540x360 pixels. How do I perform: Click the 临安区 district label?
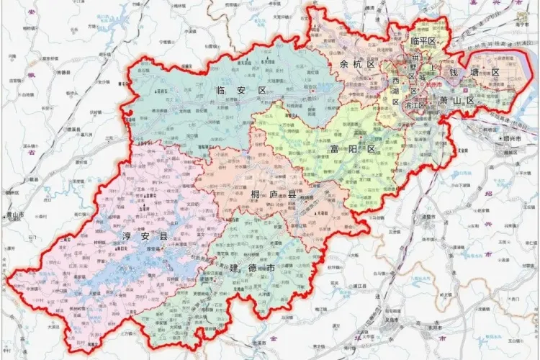[x=241, y=90]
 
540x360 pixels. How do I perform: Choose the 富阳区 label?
[x=353, y=149]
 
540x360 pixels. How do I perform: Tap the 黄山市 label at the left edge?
[x=12, y=215]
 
